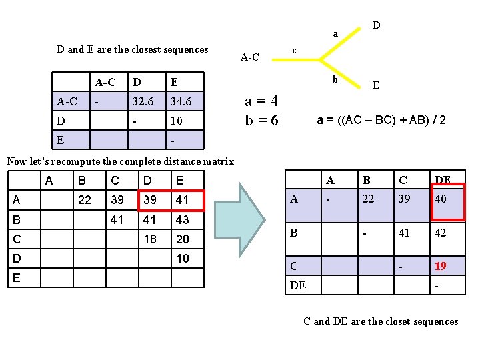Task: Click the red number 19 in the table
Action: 441,266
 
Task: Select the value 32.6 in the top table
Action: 143,102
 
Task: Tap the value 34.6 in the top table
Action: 181,102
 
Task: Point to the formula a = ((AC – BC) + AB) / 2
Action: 381,120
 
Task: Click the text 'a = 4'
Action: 261,101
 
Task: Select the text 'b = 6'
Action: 261,121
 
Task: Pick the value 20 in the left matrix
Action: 182,239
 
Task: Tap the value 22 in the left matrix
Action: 85,199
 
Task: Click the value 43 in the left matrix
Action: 182,219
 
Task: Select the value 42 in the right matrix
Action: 441,233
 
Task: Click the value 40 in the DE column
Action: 441,199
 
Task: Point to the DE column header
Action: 443,179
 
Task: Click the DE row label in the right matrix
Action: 298,285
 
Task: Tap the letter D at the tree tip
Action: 377,25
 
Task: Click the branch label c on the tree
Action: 295,51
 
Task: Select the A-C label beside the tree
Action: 249,57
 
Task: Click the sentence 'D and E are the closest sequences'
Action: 133,49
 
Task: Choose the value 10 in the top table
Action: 176,121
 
